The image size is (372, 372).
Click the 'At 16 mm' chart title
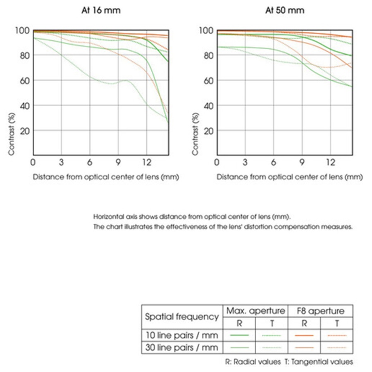101,10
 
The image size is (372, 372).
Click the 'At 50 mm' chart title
284,10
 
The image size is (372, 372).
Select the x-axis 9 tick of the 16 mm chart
118,162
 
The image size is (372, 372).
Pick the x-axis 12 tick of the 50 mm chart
330,162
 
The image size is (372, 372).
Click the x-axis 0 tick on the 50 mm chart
217,162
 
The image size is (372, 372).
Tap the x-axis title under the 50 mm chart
289,177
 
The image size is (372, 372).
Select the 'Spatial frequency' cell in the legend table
182,317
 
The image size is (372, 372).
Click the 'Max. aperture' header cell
255,310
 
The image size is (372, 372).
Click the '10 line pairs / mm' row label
182,335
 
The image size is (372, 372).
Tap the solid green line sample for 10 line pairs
239,335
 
